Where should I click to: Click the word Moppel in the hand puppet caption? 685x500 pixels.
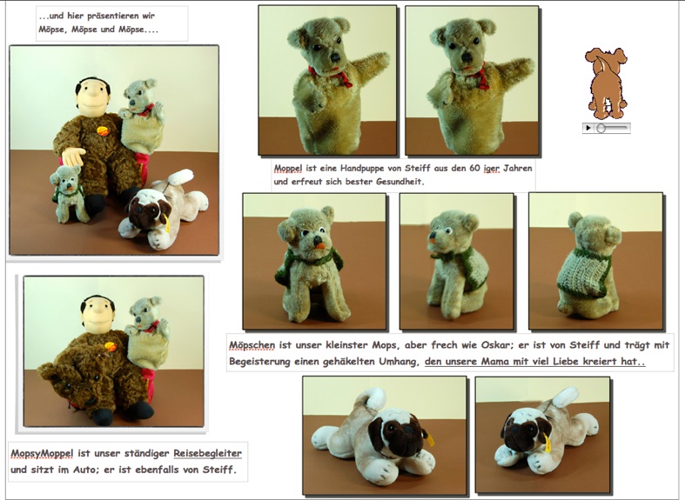[x=287, y=168]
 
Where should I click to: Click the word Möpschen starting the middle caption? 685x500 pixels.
[x=253, y=344]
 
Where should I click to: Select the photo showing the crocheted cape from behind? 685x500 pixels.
[x=594, y=260]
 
